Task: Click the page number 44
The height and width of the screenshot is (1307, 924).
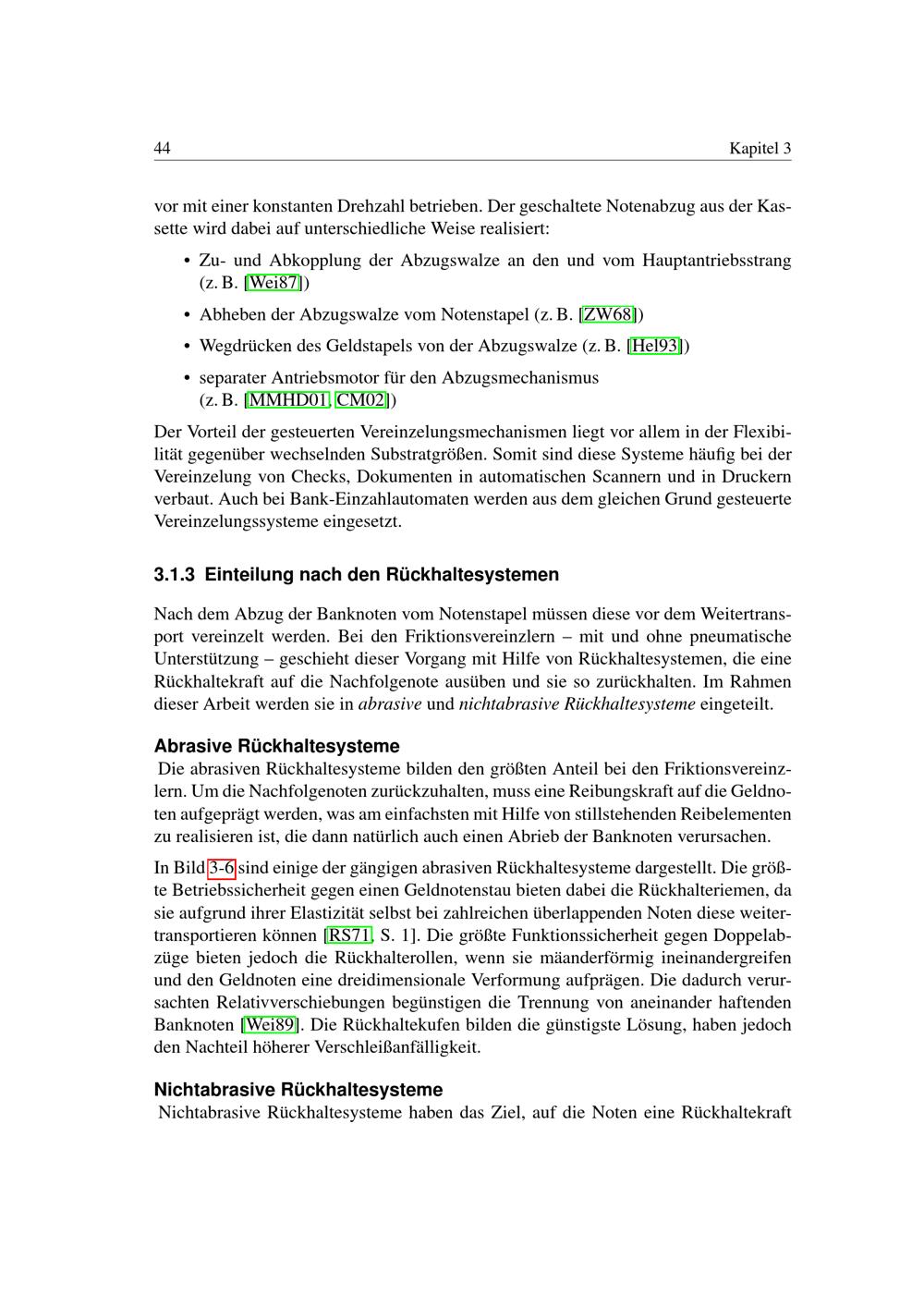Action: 162,149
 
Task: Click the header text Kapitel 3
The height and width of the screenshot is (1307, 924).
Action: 760,149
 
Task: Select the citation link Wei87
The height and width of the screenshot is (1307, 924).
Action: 274,283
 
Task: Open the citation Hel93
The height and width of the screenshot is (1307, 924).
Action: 655,346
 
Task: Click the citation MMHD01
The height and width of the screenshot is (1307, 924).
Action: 288,400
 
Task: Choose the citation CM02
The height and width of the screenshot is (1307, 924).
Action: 361,400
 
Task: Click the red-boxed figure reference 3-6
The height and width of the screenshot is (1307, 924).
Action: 222,868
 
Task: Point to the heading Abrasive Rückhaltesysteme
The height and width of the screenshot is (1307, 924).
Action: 276,746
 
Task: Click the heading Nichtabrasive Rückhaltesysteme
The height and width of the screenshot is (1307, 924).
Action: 298,1090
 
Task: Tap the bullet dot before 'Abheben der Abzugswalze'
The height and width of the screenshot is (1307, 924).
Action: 188,315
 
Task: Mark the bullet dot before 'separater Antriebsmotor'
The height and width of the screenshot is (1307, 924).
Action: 188,378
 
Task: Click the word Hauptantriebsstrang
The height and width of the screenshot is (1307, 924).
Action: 716,261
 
